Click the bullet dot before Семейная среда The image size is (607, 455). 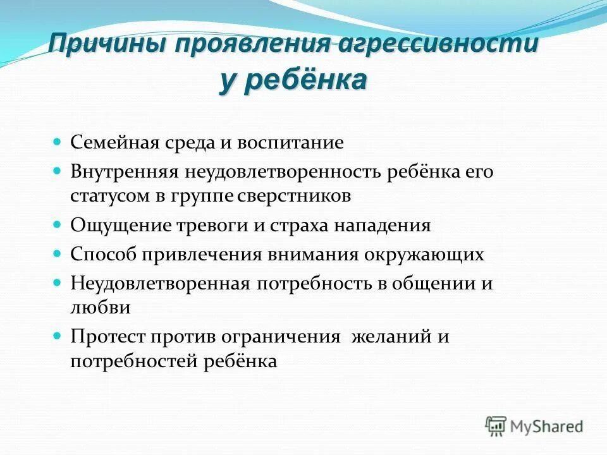[56, 142]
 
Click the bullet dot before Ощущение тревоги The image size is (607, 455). [56, 224]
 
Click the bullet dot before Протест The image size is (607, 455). [56, 336]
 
